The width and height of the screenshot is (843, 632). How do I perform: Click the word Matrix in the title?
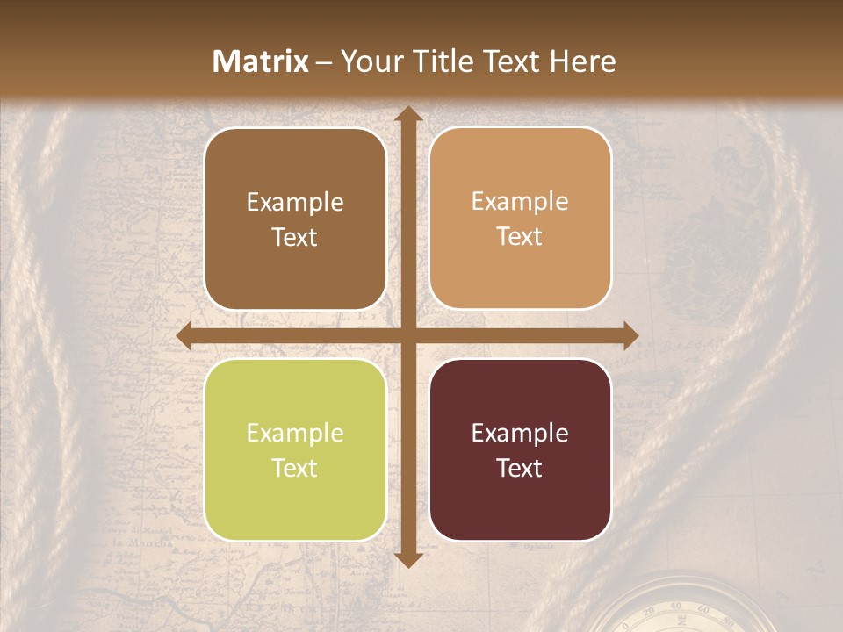point(261,61)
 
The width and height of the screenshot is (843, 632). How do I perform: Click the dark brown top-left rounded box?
point(295,219)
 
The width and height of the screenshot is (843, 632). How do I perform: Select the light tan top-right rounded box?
point(520,219)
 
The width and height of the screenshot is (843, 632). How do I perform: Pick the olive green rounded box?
point(295,449)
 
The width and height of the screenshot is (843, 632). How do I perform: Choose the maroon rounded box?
point(520,449)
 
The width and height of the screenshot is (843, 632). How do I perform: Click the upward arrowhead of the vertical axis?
point(407,114)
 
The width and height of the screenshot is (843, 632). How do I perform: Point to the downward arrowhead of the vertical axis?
point(407,560)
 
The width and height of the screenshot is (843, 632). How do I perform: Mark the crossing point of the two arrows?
point(407,336)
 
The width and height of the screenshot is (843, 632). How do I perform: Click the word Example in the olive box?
point(295,433)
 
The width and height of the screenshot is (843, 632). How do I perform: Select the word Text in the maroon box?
point(520,468)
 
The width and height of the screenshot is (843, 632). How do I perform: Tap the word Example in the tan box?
point(520,202)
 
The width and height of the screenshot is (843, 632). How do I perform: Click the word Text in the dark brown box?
point(295,237)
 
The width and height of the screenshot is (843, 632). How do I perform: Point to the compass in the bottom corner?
point(676,610)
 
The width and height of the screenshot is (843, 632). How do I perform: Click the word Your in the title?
point(368,61)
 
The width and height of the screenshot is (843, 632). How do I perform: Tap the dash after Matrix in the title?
point(324,62)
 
